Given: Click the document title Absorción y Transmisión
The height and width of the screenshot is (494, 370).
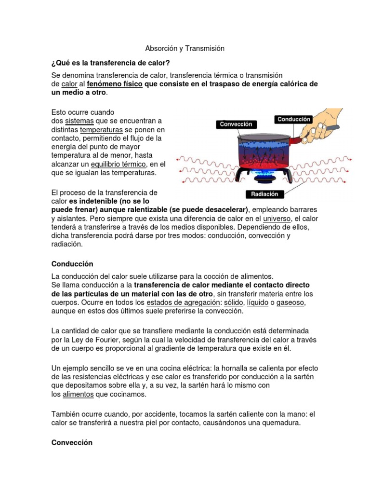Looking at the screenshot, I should pos(185,49).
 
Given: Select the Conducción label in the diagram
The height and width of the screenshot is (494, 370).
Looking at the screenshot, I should pos(294,119).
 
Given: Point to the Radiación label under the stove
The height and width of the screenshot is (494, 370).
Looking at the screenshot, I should pos(264,194).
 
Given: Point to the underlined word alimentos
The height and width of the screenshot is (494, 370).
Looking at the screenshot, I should pos(78,395).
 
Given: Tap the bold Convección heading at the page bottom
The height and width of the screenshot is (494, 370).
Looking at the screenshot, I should pos(72,442).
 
